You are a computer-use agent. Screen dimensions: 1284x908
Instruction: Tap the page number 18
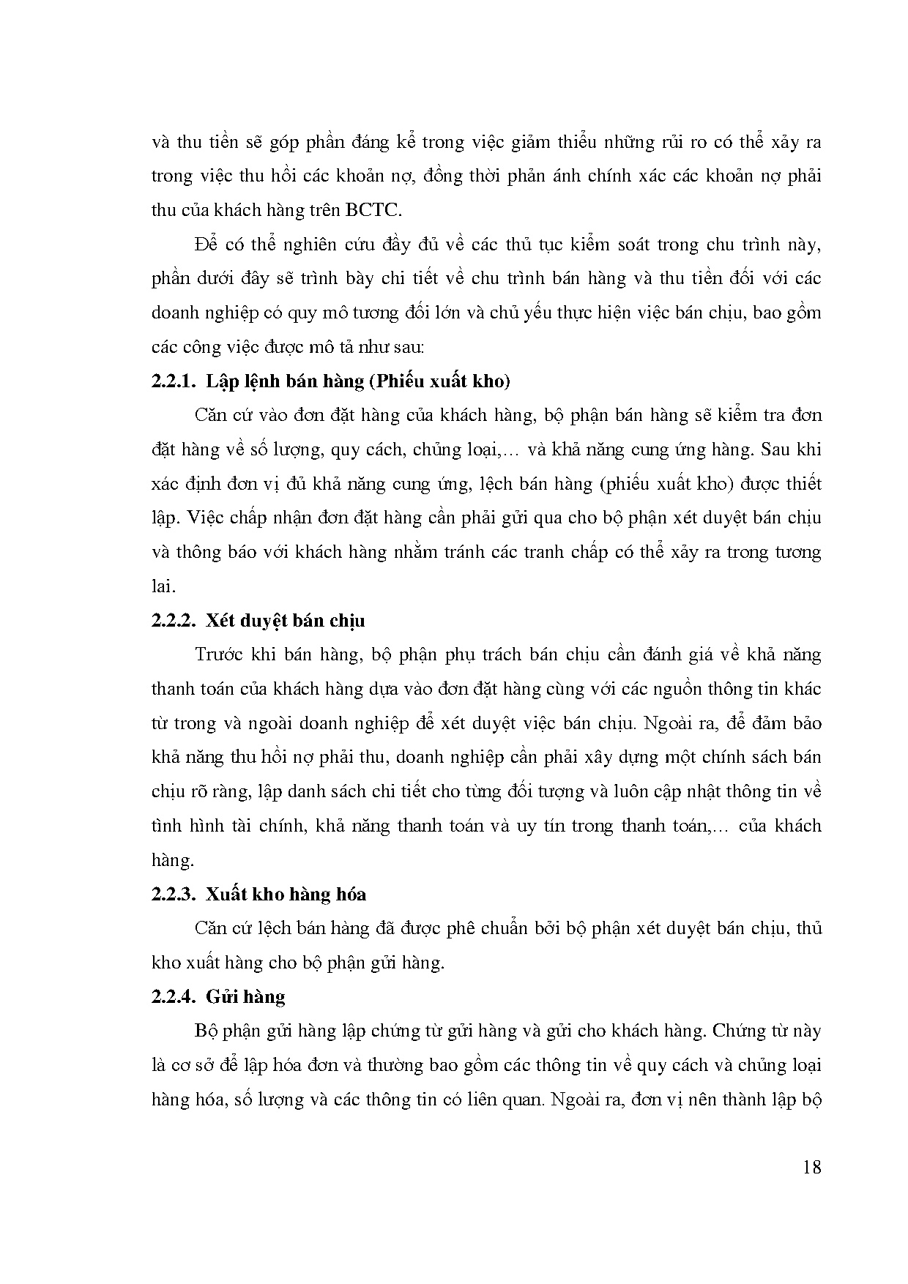(811, 1167)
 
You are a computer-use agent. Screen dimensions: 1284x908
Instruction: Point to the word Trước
(219, 654)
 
